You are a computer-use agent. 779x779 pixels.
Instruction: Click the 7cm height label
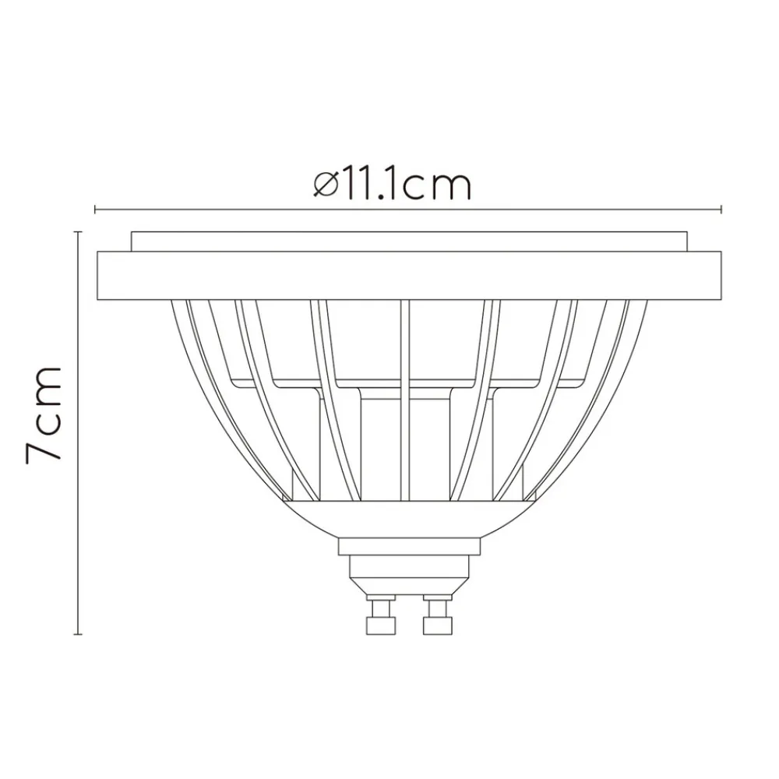tap(44, 413)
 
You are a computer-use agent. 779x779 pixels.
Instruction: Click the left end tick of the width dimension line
tap(95, 209)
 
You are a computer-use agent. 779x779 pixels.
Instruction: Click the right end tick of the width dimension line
tap(723, 209)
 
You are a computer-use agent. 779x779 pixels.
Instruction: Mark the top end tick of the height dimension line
tap(79, 231)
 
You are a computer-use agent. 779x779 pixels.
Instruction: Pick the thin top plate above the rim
tap(410, 241)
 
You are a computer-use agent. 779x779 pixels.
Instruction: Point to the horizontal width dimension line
tap(545, 209)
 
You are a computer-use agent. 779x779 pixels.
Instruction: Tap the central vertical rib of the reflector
tap(404, 397)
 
